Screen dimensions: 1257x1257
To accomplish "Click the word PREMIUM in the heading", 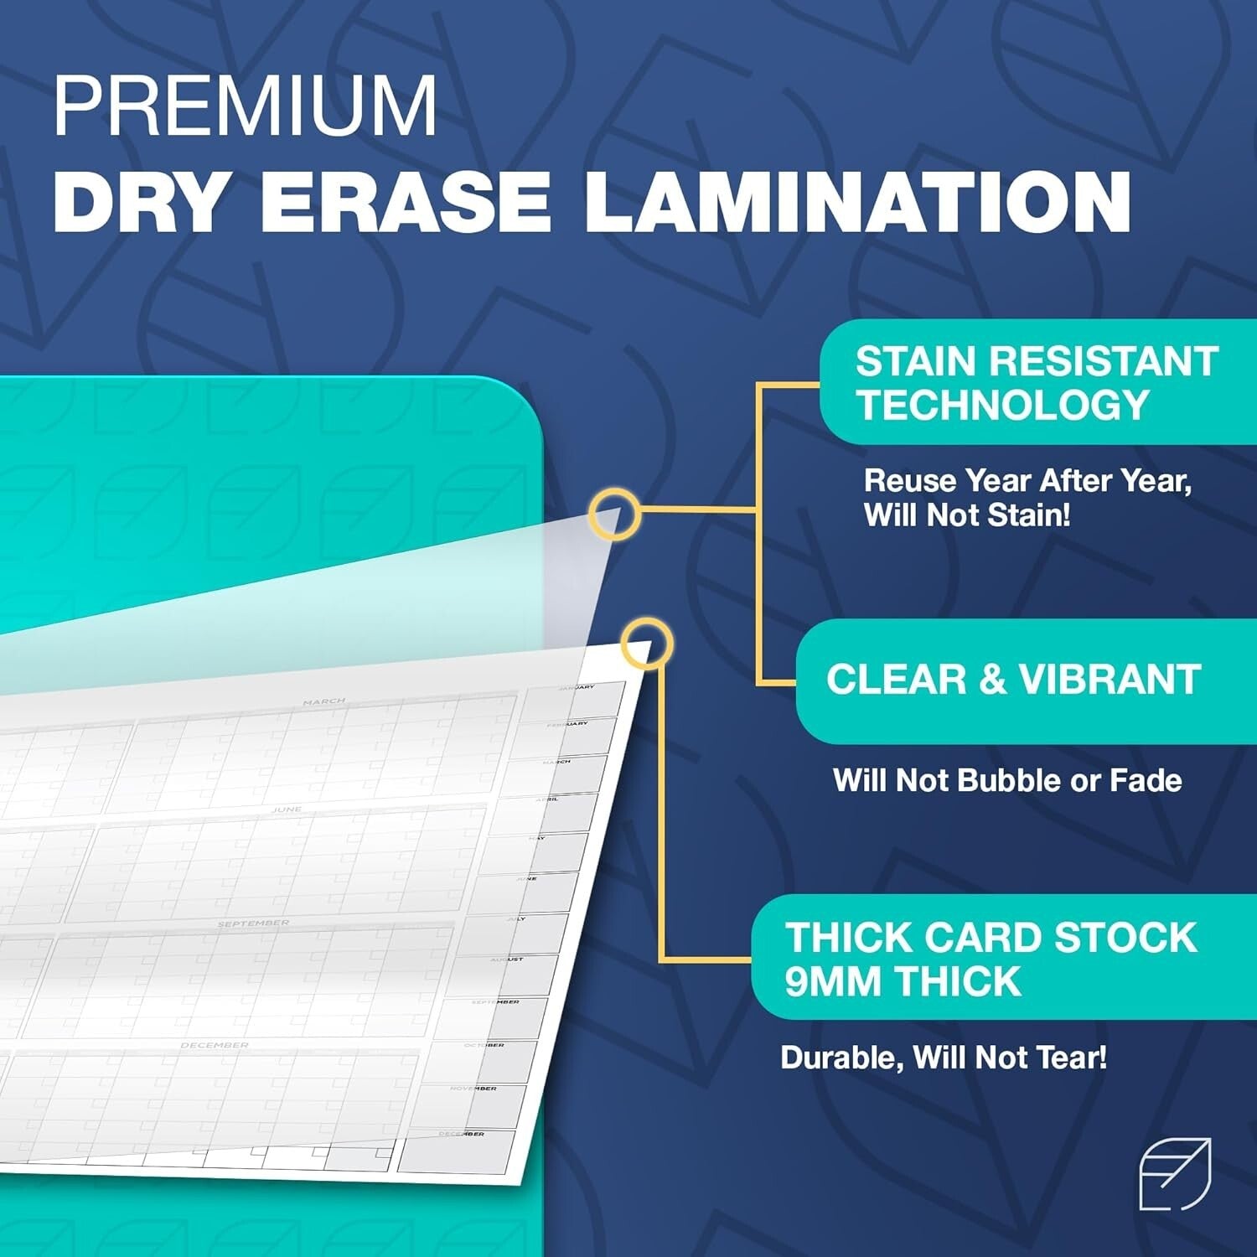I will pyautogui.click(x=245, y=106).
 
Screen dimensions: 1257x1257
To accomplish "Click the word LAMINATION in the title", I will pyautogui.click(x=857, y=202).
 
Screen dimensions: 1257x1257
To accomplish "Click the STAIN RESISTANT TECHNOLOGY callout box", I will pyautogui.click(x=1037, y=382).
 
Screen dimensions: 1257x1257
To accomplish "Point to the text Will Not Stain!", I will pyautogui.click(x=967, y=515).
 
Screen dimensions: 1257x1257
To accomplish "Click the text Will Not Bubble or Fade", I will pyautogui.click(x=1006, y=781).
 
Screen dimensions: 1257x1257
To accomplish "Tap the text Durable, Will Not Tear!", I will pyautogui.click(x=944, y=1058).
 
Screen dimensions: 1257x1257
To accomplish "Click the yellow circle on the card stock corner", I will pyautogui.click(x=647, y=644).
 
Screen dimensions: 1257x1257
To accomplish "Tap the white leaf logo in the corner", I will pyautogui.click(x=1175, y=1174).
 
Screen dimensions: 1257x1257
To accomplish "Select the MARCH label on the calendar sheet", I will pyautogui.click(x=323, y=701).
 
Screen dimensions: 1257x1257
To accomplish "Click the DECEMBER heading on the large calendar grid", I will pyautogui.click(x=215, y=1045).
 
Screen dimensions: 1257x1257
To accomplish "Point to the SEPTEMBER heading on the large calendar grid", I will pyautogui.click(x=253, y=923).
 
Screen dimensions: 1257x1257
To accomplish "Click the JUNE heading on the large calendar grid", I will pyautogui.click(x=286, y=810).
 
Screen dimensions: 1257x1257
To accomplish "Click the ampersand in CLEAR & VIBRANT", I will pyautogui.click(x=991, y=680).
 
